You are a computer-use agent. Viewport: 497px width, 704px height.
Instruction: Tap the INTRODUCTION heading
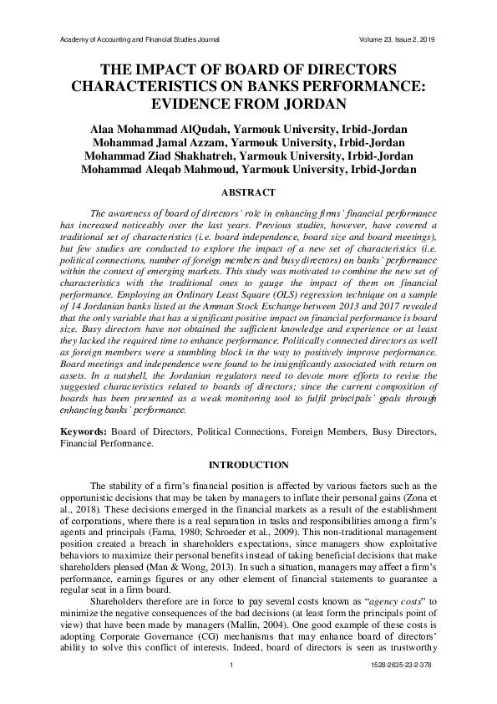248,465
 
